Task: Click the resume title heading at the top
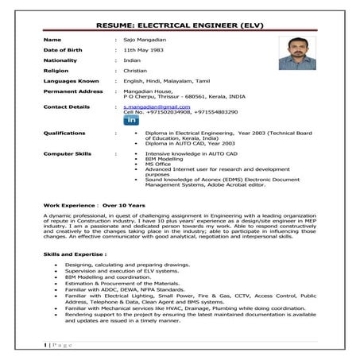[180, 25]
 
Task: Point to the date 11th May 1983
[141, 52]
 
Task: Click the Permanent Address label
[73, 103]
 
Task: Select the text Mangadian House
[147, 103]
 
